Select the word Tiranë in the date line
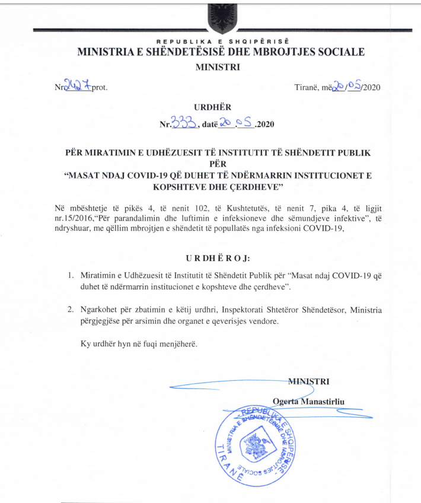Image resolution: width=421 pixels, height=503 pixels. [307, 88]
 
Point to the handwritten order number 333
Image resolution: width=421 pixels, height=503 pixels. [183, 123]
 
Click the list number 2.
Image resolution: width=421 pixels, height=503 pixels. [70, 310]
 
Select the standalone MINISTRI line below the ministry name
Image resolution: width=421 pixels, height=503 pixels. [218, 67]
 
